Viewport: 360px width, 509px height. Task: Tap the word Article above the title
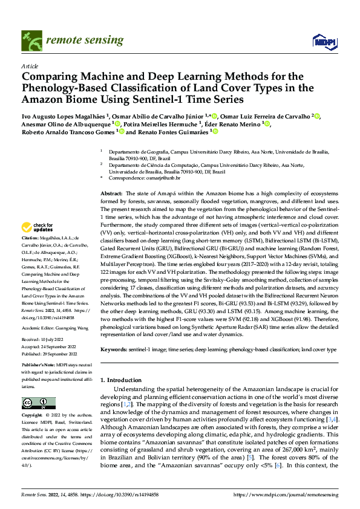30,66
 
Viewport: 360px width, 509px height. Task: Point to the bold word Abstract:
112,191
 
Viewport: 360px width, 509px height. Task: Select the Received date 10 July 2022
55,340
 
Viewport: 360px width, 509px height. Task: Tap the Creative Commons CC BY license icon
34,403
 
